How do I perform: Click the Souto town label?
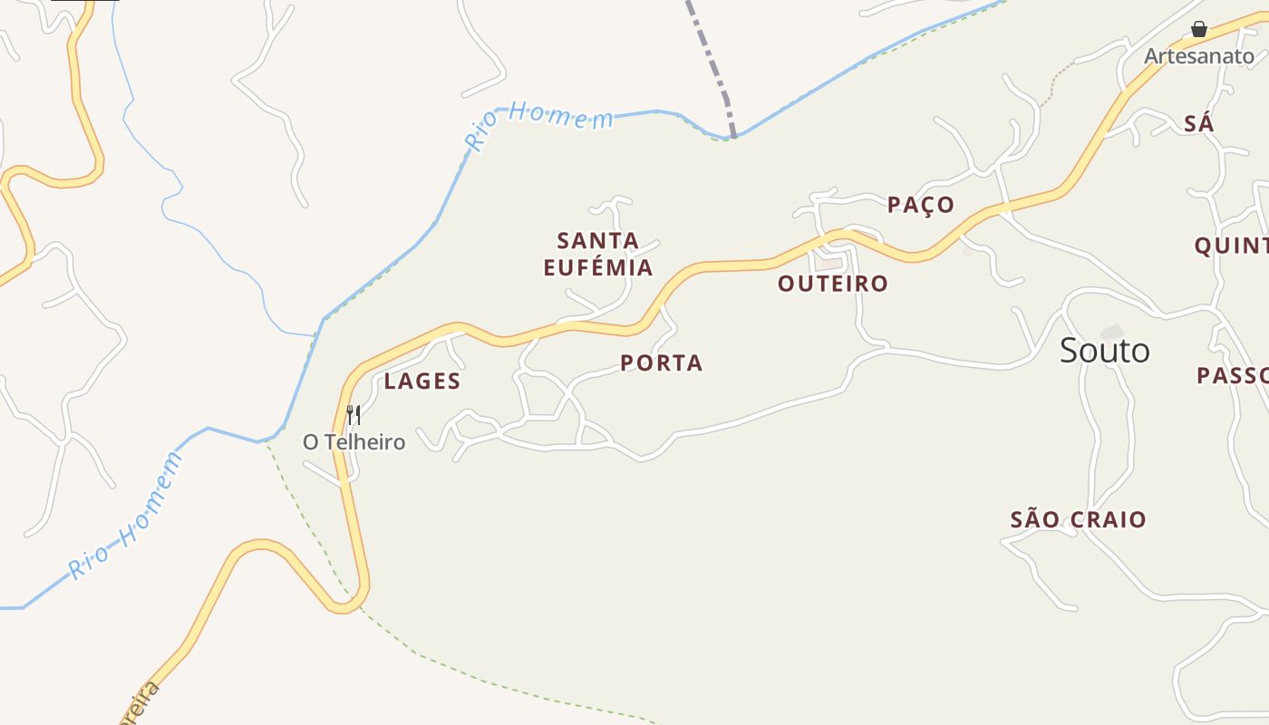pyautogui.click(x=1104, y=351)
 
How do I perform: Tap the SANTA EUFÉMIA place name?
pyautogui.click(x=598, y=254)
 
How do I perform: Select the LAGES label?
pyautogui.click(x=421, y=382)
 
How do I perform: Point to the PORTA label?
pyautogui.click(x=662, y=363)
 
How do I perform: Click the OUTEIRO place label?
pyautogui.click(x=832, y=284)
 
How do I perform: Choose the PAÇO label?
pyautogui.click(x=920, y=205)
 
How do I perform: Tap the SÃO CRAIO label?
pyautogui.click(x=1078, y=520)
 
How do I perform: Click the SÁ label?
pyautogui.click(x=1198, y=124)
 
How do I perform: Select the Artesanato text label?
pyautogui.click(x=1198, y=56)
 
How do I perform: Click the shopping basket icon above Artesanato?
pyautogui.click(x=1199, y=30)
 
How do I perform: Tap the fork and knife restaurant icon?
pyautogui.click(x=354, y=415)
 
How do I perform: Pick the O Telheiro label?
pyautogui.click(x=354, y=442)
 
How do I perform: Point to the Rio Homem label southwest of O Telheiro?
pyautogui.click(x=127, y=517)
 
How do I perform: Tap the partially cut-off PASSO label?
pyautogui.click(x=1232, y=375)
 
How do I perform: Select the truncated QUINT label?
pyautogui.click(x=1231, y=246)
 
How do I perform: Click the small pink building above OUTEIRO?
pyautogui.click(x=828, y=264)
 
